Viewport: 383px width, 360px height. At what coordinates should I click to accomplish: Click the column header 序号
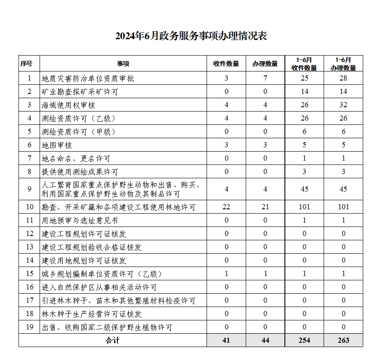click(x=26, y=64)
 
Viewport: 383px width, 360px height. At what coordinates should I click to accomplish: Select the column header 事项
click(x=123, y=64)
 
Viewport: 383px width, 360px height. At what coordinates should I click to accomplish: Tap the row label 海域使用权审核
click(x=68, y=105)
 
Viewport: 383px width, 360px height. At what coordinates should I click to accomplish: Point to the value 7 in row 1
click(x=266, y=78)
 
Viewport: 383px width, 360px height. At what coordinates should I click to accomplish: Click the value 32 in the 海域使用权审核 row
click(x=343, y=105)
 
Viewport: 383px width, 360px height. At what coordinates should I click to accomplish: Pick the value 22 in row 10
click(x=226, y=207)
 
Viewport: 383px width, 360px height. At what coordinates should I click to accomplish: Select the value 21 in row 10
click(x=266, y=207)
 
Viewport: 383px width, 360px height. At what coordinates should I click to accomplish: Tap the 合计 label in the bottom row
click(x=112, y=340)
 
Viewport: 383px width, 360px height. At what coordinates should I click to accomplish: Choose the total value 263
click(x=343, y=340)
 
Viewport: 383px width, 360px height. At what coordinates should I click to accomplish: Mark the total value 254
click(x=304, y=340)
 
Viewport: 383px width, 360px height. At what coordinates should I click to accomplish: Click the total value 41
click(x=226, y=340)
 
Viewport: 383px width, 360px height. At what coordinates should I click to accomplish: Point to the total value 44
click(x=266, y=340)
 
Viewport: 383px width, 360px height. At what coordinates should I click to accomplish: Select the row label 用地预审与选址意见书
click(x=80, y=220)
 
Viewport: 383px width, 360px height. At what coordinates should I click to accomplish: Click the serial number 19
click(x=29, y=327)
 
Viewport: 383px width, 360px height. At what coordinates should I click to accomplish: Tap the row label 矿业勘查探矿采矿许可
click(x=80, y=92)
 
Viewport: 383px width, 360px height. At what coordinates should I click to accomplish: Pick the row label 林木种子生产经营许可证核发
click(x=92, y=314)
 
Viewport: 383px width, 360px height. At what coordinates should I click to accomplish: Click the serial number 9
click(x=29, y=189)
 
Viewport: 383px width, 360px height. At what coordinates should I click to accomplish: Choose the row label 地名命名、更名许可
click(x=76, y=158)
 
